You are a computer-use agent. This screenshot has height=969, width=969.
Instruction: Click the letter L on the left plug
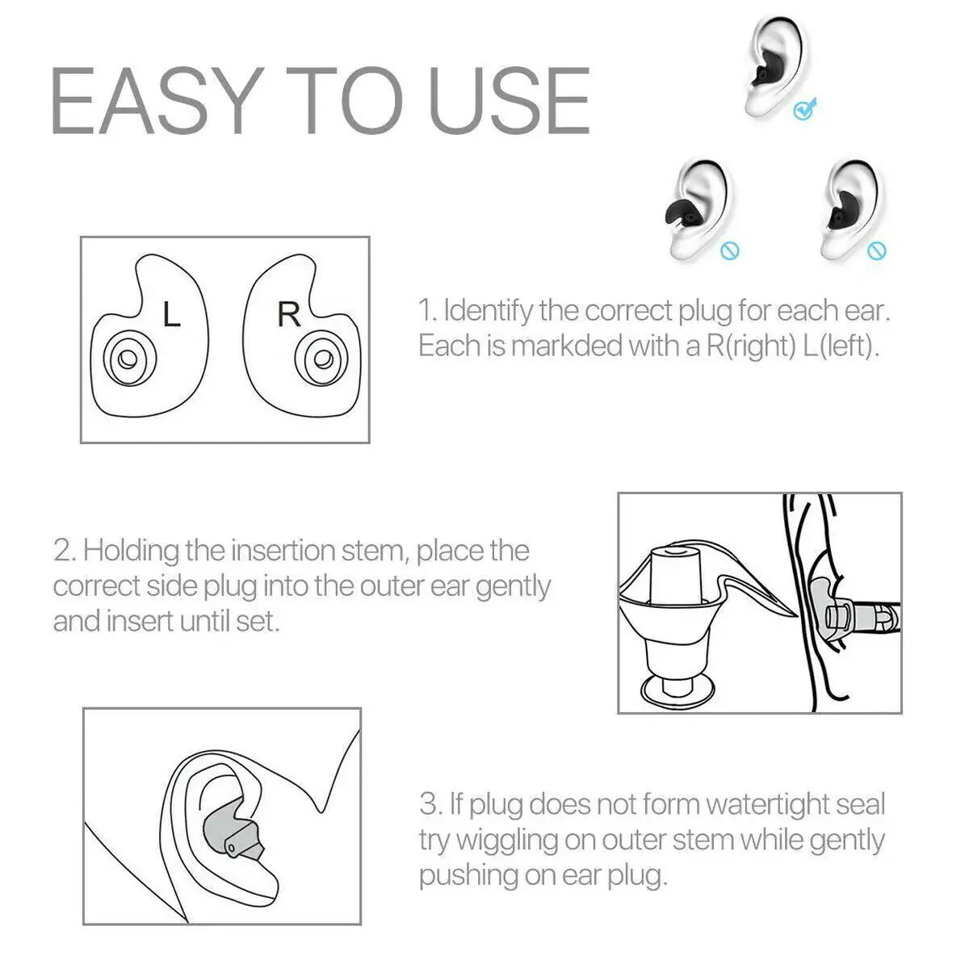(x=171, y=315)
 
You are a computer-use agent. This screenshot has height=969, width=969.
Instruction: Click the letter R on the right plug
(x=288, y=314)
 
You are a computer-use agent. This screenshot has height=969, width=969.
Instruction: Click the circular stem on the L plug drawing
(x=125, y=358)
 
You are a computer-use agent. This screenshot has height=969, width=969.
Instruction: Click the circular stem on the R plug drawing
(x=324, y=358)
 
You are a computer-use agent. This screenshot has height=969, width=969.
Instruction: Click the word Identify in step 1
(x=488, y=310)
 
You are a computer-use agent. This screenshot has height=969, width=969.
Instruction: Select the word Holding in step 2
(x=131, y=551)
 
